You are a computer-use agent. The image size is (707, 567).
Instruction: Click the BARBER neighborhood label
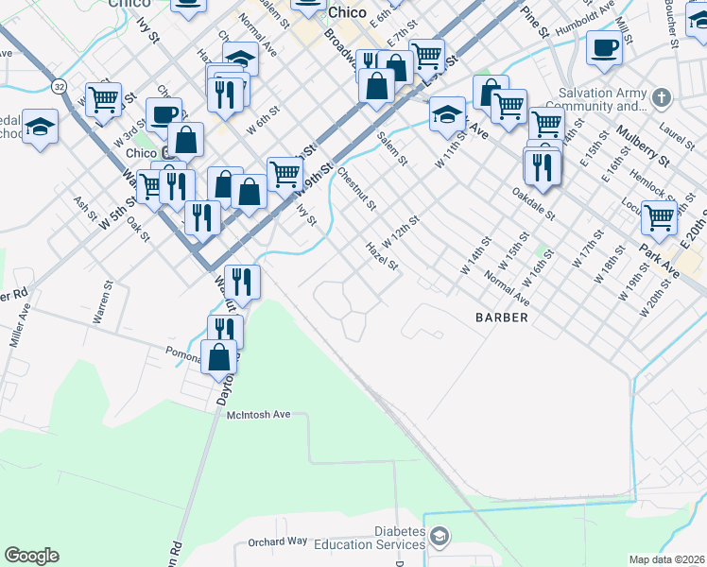click(x=502, y=318)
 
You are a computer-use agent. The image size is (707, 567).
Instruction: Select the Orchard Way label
click(x=278, y=541)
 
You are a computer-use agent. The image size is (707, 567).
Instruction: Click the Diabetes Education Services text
click(x=382, y=538)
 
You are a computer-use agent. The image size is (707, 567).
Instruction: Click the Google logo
click(x=31, y=556)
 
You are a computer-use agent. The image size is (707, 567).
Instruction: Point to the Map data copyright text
click(x=667, y=559)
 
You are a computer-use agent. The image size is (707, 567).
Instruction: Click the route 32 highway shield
click(x=59, y=84)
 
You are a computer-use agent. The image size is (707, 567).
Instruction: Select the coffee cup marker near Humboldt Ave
click(x=604, y=46)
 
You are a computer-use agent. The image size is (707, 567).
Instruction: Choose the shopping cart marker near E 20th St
click(x=659, y=216)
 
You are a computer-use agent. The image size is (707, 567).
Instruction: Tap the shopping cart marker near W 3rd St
click(x=103, y=97)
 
